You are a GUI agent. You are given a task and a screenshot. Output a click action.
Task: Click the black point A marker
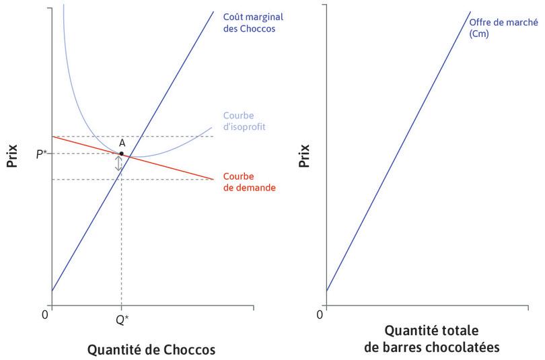(x=121, y=153)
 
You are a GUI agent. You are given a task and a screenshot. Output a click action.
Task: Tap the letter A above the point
(x=122, y=143)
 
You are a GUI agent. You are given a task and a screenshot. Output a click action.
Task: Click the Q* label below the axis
(x=122, y=320)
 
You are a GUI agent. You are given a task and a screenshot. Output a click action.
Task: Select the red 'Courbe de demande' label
(x=248, y=182)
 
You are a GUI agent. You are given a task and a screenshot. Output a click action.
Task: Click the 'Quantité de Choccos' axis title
(x=151, y=350)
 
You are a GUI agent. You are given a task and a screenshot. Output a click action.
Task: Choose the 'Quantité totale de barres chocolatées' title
(x=431, y=339)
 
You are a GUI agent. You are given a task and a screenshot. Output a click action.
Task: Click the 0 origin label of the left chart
(x=45, y=314)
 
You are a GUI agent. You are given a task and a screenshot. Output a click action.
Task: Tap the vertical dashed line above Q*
(x=121, y=242)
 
